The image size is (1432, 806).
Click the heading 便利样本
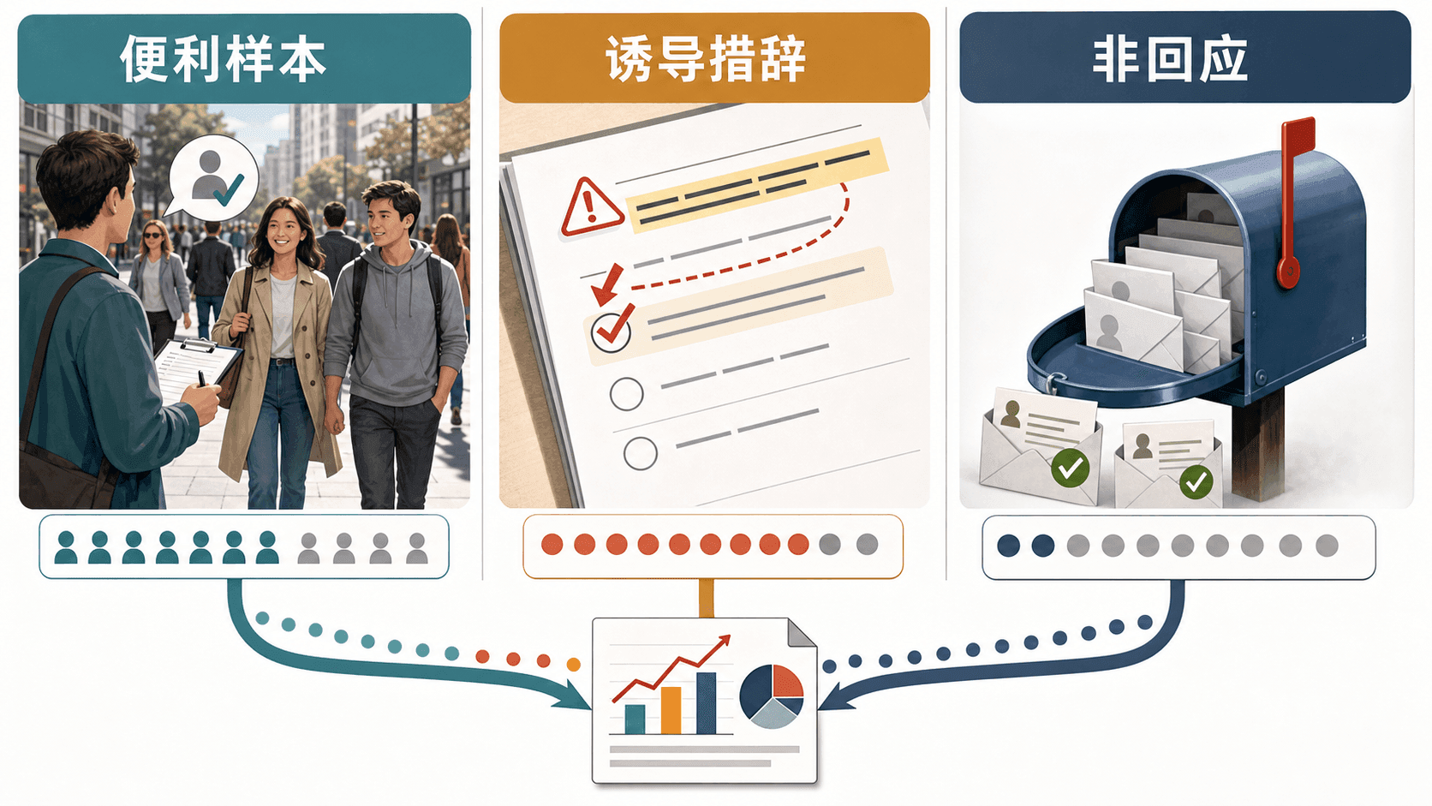coord(223,59)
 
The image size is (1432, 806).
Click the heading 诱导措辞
coord(706,59)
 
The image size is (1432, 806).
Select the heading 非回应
coord(1170,59)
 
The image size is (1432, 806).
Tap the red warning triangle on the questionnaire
coord(591,208)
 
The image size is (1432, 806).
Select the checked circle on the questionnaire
coord(612,331)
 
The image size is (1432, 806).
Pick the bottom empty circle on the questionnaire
coord(640,453)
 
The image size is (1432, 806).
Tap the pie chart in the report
coord(772,696)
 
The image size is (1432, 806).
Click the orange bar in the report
coord(671,710)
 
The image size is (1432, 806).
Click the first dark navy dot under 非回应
coord(1009,546)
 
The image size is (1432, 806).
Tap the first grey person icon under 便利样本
coord(308,548)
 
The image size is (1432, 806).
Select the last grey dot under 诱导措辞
coord(867,545)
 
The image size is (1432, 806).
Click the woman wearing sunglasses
coord(158,281)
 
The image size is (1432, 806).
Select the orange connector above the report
coord(706,598)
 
